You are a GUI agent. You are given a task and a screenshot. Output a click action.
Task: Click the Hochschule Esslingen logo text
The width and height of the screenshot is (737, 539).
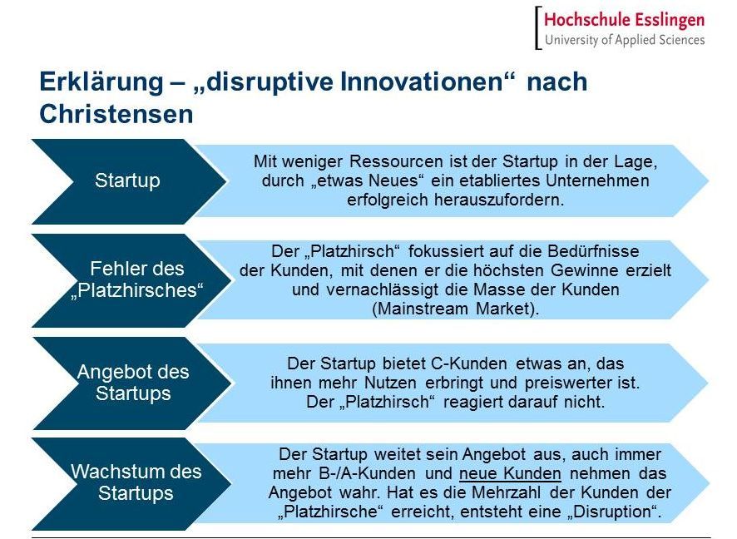[624, 21]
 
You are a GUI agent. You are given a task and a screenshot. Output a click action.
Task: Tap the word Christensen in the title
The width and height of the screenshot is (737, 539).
[116, 114]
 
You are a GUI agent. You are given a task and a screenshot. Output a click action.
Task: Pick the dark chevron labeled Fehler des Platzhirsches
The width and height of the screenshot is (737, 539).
[131, 280]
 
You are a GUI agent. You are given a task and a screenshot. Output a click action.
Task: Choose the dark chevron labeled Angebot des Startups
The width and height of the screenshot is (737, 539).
[131, 383]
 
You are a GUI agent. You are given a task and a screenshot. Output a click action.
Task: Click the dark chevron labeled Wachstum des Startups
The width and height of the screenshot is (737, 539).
[131, 484]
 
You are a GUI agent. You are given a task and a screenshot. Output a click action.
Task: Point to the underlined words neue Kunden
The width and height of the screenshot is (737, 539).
[510, 473]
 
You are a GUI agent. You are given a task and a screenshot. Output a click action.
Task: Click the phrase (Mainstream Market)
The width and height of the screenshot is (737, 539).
[455, 309]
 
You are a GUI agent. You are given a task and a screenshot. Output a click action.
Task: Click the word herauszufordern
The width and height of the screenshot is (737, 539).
[499, 200]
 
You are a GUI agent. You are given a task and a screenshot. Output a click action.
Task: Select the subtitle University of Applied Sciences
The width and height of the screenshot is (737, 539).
[625, 40]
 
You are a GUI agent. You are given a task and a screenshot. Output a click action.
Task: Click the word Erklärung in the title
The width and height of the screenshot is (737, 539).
[101, 82]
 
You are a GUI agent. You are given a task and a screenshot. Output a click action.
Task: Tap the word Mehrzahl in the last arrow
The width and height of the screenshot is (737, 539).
[506, 492]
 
